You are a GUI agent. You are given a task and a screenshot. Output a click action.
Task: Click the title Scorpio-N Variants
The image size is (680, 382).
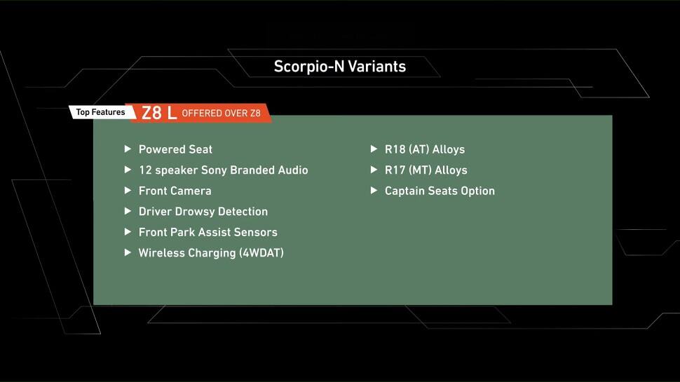click(x=339, y=67)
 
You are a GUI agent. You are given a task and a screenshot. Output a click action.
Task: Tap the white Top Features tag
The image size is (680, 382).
click(x=101, y=112)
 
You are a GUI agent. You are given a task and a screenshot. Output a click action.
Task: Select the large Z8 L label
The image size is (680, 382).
click(x=159, y=113)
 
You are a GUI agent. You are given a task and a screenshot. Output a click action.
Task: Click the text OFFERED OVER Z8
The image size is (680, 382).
click(x=221, y=113)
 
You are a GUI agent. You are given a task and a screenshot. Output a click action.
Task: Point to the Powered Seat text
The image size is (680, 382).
click(x=176, y=149)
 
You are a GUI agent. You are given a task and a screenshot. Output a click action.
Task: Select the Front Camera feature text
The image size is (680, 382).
click(x=175, y=191)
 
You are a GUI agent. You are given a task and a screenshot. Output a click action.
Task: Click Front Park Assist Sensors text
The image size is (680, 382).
click(x=208, y=232)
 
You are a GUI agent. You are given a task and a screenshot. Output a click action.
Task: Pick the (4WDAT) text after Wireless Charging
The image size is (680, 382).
click(x=261, y=253)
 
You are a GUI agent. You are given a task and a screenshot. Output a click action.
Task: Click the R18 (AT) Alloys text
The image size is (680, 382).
click(x=425, y=149)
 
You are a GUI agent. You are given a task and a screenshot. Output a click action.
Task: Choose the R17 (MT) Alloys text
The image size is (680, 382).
click(x=426, y=170)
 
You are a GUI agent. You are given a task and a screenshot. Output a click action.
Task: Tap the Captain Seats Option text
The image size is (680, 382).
click(x=440, y=191)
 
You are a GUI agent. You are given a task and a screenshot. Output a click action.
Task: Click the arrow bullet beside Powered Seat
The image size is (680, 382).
click(x=128, y=149)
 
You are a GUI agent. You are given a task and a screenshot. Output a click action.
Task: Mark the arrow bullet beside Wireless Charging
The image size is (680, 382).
click(x=128, y=252)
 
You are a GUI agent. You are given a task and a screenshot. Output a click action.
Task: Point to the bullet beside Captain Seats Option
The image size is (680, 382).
click(x=374, y=191)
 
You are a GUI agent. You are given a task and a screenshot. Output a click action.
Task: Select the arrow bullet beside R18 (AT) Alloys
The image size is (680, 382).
click(x=374, y=149)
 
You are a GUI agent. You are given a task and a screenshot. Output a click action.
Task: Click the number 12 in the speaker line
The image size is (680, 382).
click(x=145, y=170)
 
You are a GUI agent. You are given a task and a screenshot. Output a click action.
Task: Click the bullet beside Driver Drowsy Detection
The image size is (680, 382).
click(x=128, y=211)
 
